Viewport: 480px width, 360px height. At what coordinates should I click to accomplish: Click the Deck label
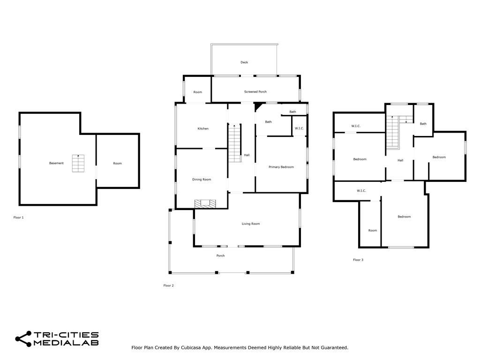pyautogui.click(x=244, y=62)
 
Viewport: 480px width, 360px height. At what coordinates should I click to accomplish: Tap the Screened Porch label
pyautogui.click(x=255, y=92)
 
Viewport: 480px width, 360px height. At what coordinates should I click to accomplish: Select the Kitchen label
pyautogui.click(x=203, y=129)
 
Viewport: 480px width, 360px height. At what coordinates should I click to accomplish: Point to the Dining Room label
pyautogui.click(x=202, y=180)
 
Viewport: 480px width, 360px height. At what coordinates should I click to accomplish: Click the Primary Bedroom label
pyautogui.click(x=281, y=167)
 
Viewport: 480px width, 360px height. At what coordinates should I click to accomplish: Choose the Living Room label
pyautogui.click(x=251, y=224)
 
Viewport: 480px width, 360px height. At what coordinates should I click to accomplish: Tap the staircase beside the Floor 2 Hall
pyautogui.click(x=235, y=143)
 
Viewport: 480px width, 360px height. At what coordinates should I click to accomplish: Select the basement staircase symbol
pyautogui.click(x=78, y=164)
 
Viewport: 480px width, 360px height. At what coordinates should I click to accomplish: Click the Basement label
pyautogui.click(x=56, y=164)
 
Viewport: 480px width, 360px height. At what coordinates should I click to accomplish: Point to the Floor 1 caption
pyautogui.click(x=18, y=217)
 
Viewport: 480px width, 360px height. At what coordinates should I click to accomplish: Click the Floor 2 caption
pyautogui.click(x=168, y=285)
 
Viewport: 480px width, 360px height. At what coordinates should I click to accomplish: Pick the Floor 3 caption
pyautogui.click(x=358, y=260)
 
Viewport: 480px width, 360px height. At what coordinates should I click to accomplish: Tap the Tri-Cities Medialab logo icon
pyautogui.click(x=23, y=339)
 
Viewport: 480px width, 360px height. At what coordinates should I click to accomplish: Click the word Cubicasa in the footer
pyautogui.click(x=191, y=348)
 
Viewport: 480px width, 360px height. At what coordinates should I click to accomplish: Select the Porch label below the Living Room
pyautogui.click(x=220, y=256)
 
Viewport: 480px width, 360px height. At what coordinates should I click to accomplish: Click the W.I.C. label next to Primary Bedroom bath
pyautogui.click(x=299, y=128)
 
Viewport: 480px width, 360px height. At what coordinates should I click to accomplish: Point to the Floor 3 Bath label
pyautogui.click(x=423, y=124)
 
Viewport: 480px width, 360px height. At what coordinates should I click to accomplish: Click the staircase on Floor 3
pyautogui.click(x=393, y=132)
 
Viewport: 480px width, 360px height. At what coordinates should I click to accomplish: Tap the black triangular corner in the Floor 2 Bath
pyautogui.click(x=258, y=106)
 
